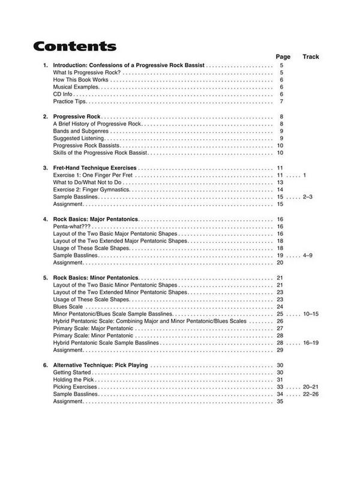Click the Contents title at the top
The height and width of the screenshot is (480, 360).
pyautogui.click(x=75, y=47)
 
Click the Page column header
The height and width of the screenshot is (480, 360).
pyautogui.click(x=283, y=56)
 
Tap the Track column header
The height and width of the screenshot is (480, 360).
pyautogui.click(x=311, y=56)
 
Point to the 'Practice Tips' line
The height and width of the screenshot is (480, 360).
pyautogui.click(x=71, y=101)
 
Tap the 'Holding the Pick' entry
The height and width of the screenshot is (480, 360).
pyautogui.click(x=75, y=380)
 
